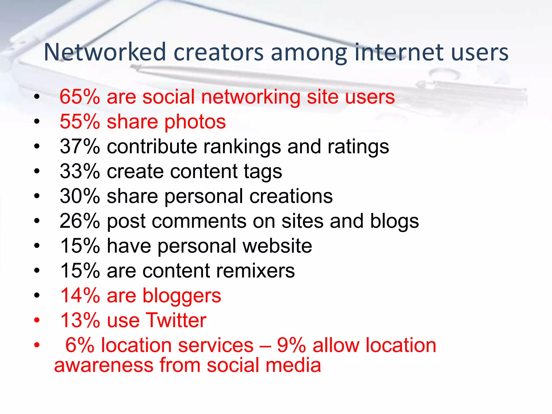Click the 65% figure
point(80,97)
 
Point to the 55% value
point(80,122)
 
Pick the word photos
point(195,122)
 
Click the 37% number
point(80,147)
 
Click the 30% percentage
point(80,196)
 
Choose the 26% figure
point(80,221)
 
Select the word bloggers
point(182,296)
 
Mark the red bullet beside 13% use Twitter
point(37,320)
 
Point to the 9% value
point(291,345)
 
